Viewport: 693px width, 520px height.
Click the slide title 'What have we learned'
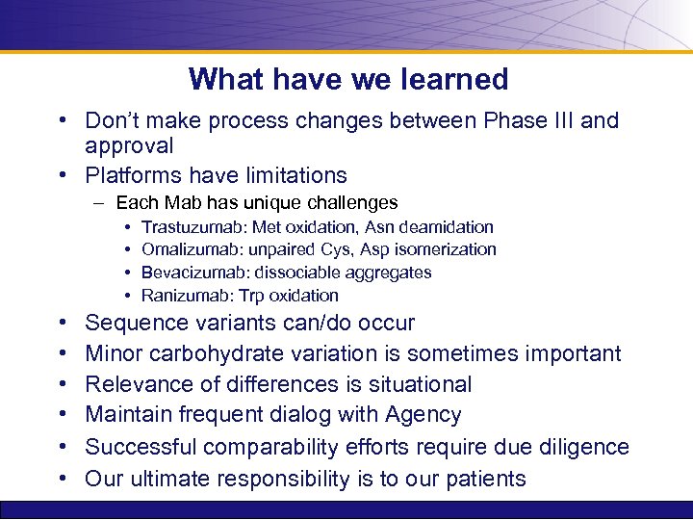[x=348, y=79]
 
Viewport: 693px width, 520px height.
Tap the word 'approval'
[x=129, y=146]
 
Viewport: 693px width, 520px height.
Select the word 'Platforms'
[x=134, y=175]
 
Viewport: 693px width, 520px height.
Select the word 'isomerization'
[x=447, y=250]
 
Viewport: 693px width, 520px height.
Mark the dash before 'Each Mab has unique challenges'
[x=99, y=203]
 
